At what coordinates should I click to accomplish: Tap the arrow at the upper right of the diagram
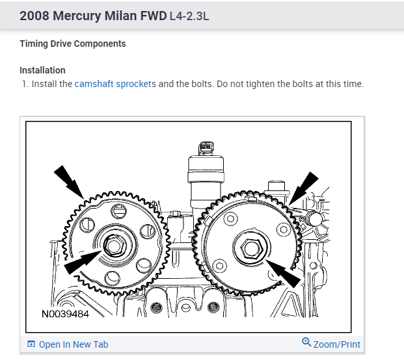click(303, 186)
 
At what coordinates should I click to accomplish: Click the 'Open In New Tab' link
click(73, 344)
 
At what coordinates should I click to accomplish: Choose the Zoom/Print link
click(337, 344)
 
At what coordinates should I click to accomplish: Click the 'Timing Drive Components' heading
click(72, 44)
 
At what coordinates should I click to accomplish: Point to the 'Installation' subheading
click(42, 70)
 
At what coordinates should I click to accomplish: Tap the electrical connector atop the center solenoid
click(205, 148)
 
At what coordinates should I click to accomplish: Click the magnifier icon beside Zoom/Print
click(306, 342)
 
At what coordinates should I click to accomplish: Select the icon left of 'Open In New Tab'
click(31, 344)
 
